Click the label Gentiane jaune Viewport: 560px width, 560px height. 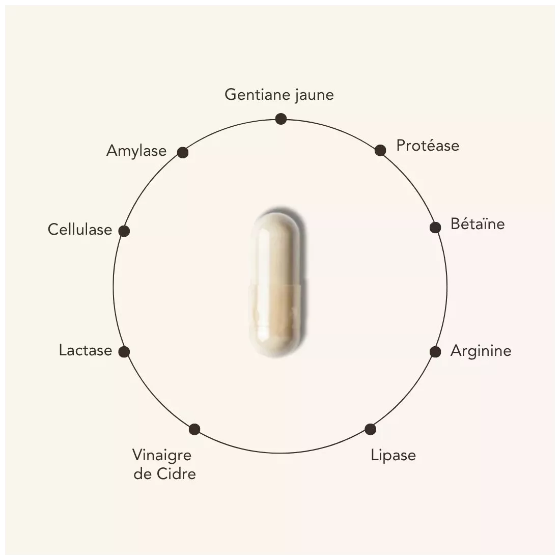click(x=279, y=95)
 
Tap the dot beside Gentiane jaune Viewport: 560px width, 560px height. click(x=281, y=119)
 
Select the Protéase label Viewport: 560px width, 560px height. click(x=428, y=146)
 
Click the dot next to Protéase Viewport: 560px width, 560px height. click(x=380, y=150)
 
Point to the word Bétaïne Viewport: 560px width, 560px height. click(x=478, y=224)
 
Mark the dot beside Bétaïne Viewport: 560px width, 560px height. click(x=435, y=227)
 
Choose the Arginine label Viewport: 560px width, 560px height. click(x=481, y=351)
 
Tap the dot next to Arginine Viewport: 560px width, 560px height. click(x=435, y=352)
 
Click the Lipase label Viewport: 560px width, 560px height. click(x=393, y=455)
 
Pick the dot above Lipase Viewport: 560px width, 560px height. click(x=370, y=429)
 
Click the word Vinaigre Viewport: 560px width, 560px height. click(x=162, y=455)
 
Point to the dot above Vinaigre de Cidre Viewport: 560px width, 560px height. click(x=194, y=429)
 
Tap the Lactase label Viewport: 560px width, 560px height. click(x=86, y=350)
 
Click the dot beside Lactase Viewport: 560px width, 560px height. click(x=124, y=352)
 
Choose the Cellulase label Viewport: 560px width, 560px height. click(x=80, y=229)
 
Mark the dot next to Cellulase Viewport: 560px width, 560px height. click(x=124, y=231)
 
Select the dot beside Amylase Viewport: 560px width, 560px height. click(x=183, y=153)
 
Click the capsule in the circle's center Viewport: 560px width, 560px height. click(x=275, y=285)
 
